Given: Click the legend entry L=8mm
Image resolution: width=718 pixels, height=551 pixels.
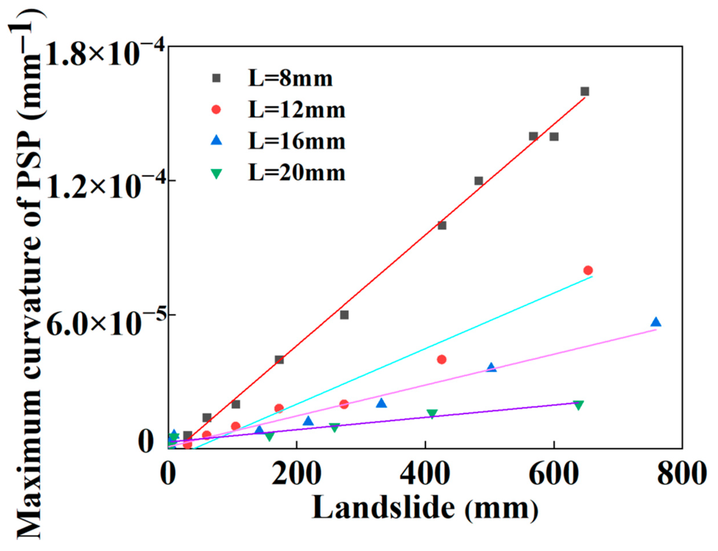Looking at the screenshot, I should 290,79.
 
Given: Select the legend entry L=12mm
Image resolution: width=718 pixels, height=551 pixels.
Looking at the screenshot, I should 297,110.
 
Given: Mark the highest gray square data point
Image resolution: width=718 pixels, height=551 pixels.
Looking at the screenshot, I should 585,91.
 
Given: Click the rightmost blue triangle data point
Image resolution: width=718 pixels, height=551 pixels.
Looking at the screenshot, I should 656,322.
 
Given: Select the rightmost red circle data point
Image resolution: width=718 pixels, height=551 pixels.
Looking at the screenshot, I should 588,270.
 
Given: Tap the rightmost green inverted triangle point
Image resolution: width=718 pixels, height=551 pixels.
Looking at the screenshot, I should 578,405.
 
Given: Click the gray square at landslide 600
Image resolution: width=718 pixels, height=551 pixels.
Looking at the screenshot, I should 554,136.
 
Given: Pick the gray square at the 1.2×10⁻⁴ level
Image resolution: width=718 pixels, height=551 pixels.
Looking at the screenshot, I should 479,181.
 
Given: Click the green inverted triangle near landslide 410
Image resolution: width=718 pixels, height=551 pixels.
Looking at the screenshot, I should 432,414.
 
